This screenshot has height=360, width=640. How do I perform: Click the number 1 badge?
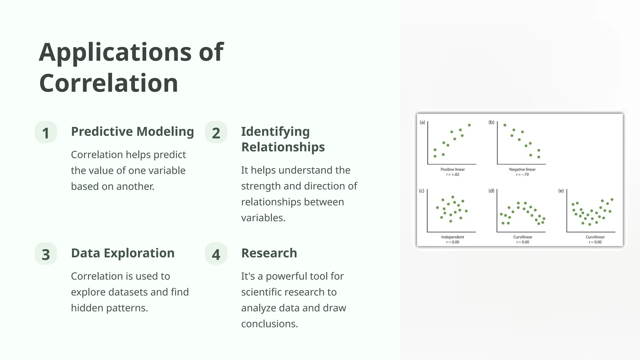pyautogui.click(x=46, y=132)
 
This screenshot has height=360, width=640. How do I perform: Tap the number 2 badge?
pyautogui.click(x=216, y=132)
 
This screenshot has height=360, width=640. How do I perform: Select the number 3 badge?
pyautogui.click(x=46, y=254)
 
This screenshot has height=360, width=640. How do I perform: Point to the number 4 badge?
pyautogui.click(x=216, y=254)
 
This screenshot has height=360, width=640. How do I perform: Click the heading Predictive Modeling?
pyautogui.click(x=132, y=132)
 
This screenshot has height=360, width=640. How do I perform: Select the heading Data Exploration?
pyautogui.click(x=122, y=253)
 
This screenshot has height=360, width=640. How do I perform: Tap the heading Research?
pyautogui.click(x=269, y=253)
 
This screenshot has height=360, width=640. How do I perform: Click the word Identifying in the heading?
pyautogui.click(x=275, y=132)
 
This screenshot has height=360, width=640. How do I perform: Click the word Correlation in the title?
pyautogui.click(x=108, y=83)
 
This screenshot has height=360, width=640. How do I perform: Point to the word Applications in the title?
pyautogui.click(x=115, y=52)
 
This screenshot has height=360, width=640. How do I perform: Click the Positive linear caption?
pyautogui.click(x=452, y=169)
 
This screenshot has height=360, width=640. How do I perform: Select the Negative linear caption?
pyautogui.click(x=522, y=169)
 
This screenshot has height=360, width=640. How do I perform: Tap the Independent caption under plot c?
pyautogui.click(x=452, y=237)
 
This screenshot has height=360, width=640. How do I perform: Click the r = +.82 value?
pyautogui.click(x=452, y=175)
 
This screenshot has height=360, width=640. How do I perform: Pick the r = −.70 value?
pyautogui.click(x=522, y=175)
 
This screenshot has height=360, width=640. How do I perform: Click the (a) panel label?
pyautogui.click(x=422, y=122)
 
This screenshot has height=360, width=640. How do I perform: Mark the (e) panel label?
pyautogui.click(x=561, y=191)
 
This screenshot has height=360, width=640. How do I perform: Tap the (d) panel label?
pyautogui.click(x=491, y=191)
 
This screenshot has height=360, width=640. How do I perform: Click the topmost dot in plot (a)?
pyautogui.click(x=469, y=125)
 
